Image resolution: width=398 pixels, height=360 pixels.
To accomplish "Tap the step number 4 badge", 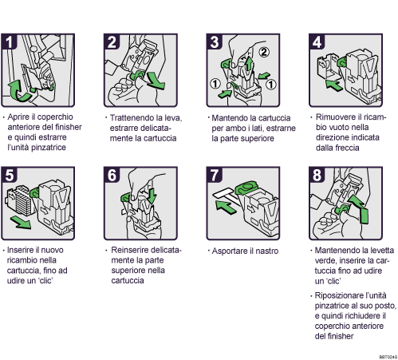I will click(314, 42).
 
